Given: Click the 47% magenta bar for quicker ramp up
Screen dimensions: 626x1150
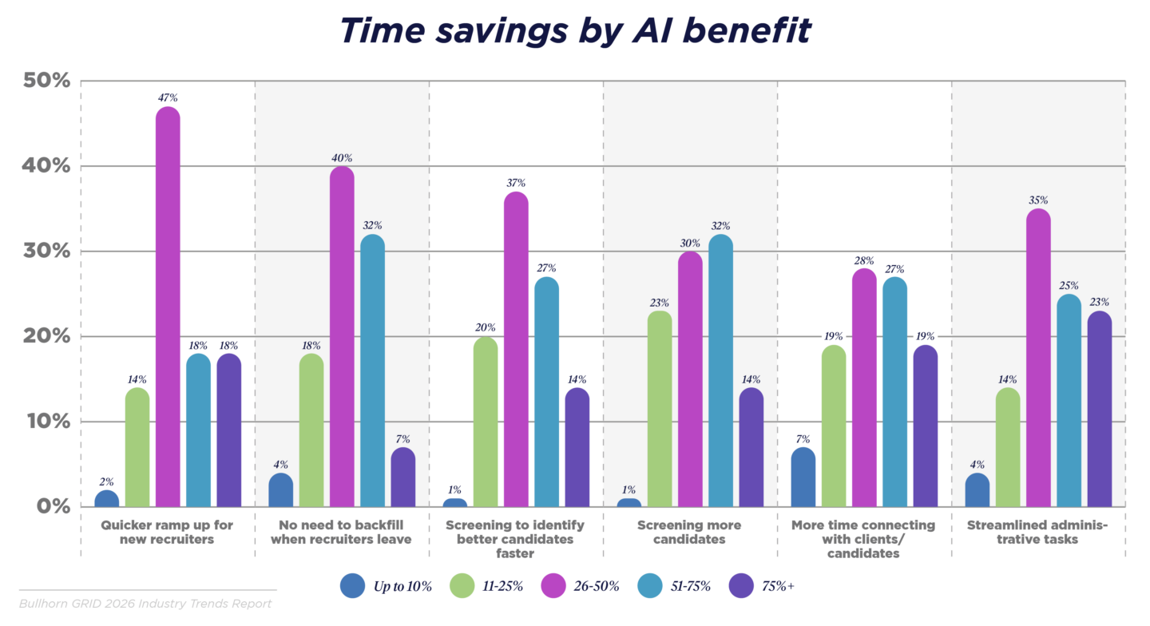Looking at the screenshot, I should [x=168, y=307].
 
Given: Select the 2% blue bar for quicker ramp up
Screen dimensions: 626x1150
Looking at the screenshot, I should [x=107, y=499].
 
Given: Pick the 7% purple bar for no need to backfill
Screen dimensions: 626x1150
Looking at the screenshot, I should [x=403, y=477].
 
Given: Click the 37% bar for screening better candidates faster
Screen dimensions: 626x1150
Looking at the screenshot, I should [x=517, y=350].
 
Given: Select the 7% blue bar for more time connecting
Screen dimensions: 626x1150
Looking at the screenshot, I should [x=803, y=477].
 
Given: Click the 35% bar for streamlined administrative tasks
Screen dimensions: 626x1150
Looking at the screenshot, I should [x=1038, y=358].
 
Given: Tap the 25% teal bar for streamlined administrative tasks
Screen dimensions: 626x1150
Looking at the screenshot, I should [x=1069, y=401].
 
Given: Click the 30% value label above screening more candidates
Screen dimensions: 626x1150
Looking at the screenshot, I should [x=691, y=243].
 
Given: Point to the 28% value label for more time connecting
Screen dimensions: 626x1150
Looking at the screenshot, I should [x=864, y=260].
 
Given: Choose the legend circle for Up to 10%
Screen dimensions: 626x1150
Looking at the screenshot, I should [x=353, y=586].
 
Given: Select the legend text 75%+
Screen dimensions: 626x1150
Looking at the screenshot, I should [x=779, y=587].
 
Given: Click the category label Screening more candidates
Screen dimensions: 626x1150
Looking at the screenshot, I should [x=689, y=532].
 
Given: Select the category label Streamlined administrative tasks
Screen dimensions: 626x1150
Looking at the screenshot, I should [x=1037, y=532].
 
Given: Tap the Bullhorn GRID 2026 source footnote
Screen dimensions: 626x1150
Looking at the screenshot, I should [x=145, y=604].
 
